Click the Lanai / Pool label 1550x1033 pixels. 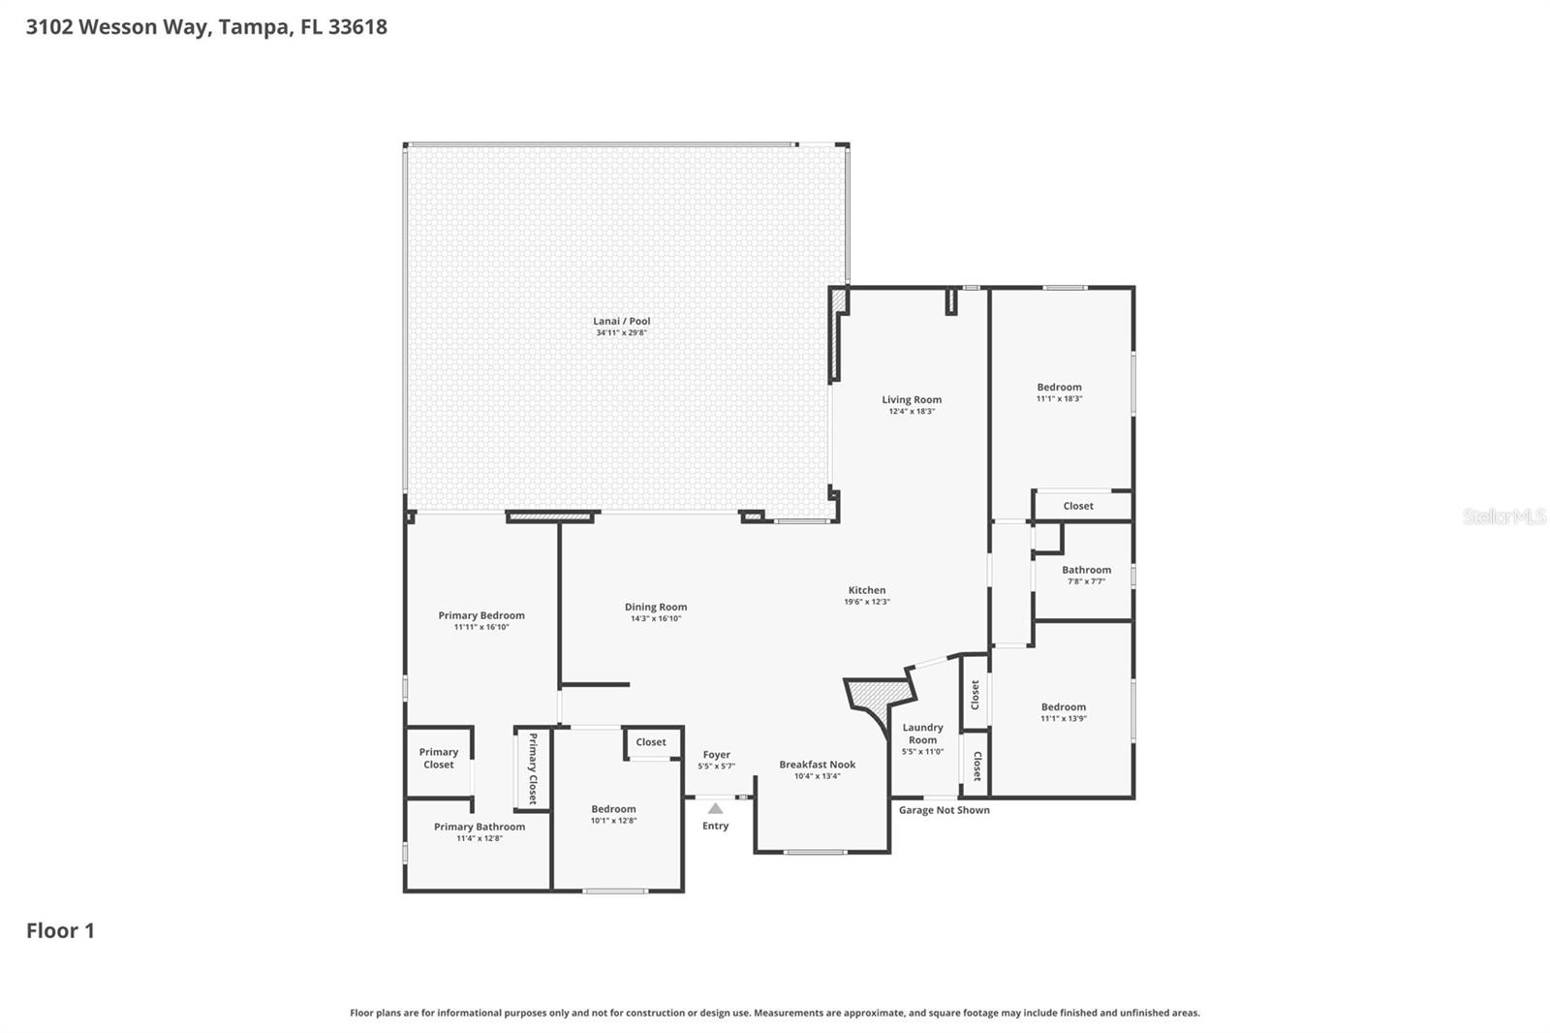[621, 321]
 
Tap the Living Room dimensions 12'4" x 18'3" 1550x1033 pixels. [912, 411]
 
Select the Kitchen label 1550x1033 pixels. [866, 590]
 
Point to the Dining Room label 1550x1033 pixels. [656, 608]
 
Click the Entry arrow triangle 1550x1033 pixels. [715, 808]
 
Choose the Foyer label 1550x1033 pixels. [716, 755]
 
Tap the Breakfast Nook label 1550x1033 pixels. [817, 765]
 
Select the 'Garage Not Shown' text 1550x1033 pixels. [944, 810]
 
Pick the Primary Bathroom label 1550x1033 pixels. [480, 827]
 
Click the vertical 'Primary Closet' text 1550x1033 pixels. [532, 768]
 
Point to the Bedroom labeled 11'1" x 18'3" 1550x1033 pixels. [1059, 388]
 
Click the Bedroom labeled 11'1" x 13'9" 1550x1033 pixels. [1063, 707]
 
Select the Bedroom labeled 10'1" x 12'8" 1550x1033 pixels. [613, 809]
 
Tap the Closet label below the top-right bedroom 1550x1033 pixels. [1077, 506]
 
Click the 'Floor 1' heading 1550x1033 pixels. [60, 931]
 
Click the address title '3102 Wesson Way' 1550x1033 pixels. [116, 26]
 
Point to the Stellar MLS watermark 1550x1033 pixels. [1503, 516]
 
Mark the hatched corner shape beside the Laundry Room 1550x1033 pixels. [877, 696]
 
